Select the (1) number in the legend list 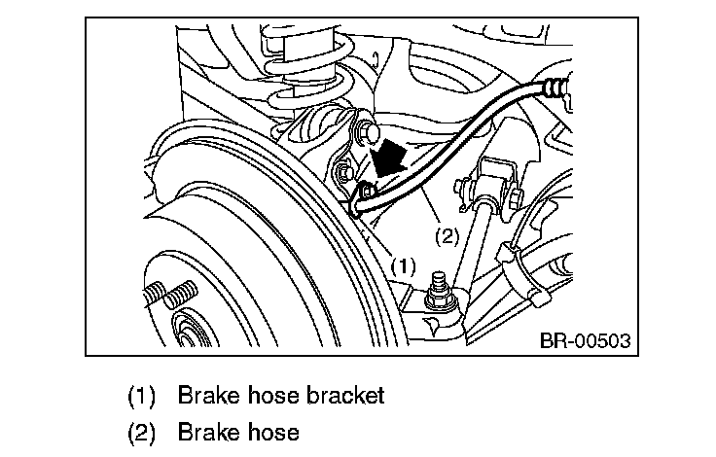[142, 396]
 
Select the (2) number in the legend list [142, 432]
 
